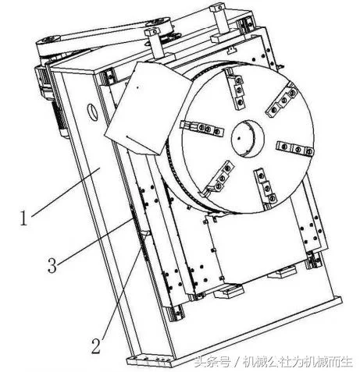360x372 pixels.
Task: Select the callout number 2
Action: (x=95, y=345)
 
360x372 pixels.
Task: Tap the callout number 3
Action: (x=52, y=264)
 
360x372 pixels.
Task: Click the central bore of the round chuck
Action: (x=248, y=138)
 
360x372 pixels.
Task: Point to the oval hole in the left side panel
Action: (x=92, y=112)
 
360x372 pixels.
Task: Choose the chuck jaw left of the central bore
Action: (x=202, y=128)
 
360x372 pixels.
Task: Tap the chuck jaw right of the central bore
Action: (x=294, y=148)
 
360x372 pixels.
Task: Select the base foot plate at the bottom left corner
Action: (x=148, y=361)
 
